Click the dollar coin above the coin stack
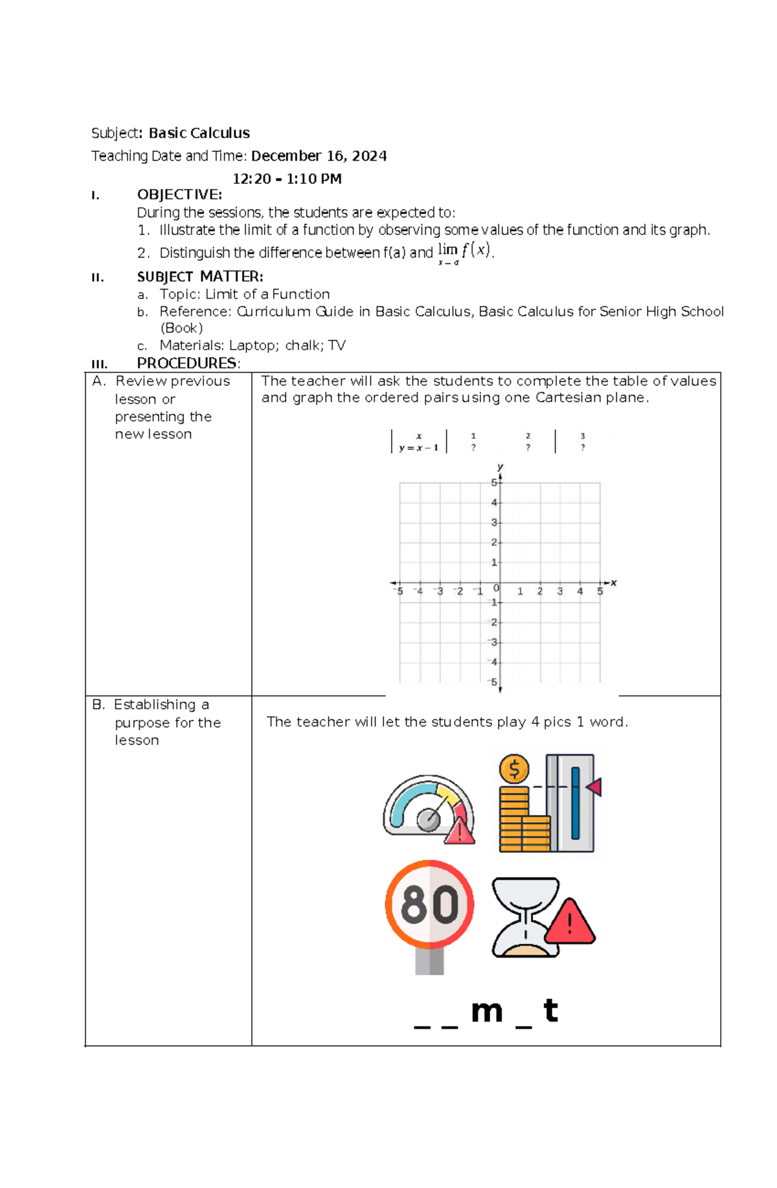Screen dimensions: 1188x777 pyautogui.click(x=514, y=770)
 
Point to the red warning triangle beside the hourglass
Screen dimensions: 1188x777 pyautogui.click(x=570, y=922)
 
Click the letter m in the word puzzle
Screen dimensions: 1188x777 pyautogui.click(x=487, y=1011)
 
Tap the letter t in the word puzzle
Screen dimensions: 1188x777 pyautogui.click(x=550, y=1010)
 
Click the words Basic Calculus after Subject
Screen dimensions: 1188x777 pyautogui.click(x=199, y=133)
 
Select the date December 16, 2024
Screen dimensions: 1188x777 pyautogui.click(x=319, y=156)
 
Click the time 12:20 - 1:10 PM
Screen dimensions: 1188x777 pyautogui.click(x=287, y=179)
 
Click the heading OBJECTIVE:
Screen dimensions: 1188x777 pyautogui.click(x=179, y=194)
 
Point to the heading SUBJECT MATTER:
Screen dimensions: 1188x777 pyautogui.click(x=200, y=276)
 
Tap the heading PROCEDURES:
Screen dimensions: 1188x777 pyautogui.click(x=188, y=363)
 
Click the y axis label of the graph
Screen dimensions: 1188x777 pyautogui.click(x=500, y=467)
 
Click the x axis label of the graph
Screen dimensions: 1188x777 pyautogui.click(x=613, y=583)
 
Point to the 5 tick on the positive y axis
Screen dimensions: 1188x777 pyautogui.click(x=494, y=482)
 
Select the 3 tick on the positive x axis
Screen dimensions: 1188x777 pyautogui.click(x=560, y=591)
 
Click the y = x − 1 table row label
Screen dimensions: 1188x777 pyautogui.click(x=419, y=447)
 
